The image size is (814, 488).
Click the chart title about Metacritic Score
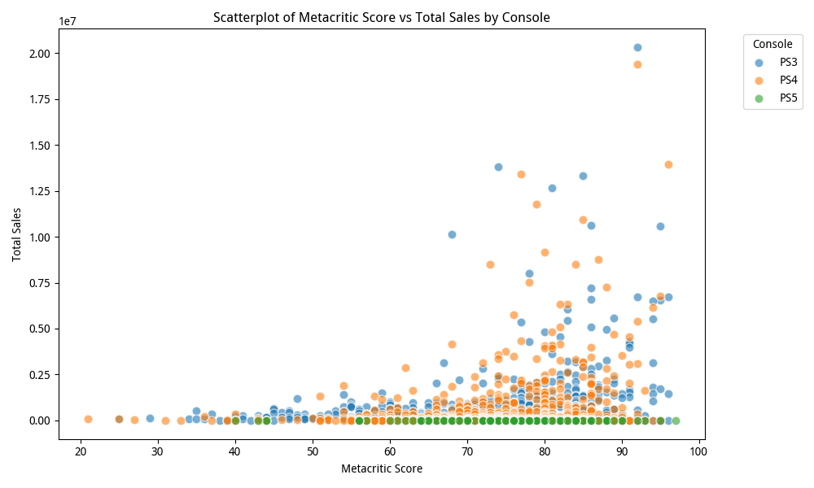click(x=381, y=17)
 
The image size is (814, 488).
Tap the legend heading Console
click(x=772, y=44)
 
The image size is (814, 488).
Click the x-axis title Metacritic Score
click(x=381, y=468)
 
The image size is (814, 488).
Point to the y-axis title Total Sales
click(x=17, y=234)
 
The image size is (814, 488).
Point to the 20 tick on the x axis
click(x=81, y=450)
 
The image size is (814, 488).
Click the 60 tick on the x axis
click(x=390, y=450)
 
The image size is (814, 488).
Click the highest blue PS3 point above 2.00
click(x=637, y=47)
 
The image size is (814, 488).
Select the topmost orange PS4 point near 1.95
click(x=637, y=64)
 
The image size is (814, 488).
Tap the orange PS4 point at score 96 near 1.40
click(x=668, y=164)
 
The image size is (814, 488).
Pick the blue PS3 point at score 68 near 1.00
click(x=452, y=234)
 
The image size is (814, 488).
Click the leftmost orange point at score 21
click(x=88, y=419)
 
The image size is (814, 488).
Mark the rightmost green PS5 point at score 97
click(x=676, y=420)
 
